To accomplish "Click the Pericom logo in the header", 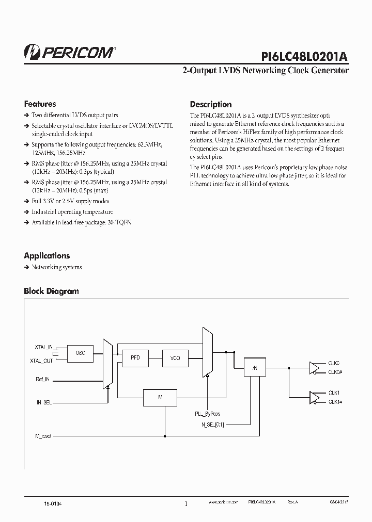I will click(x=70, y=52).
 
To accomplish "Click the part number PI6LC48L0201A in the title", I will click(x=304, y=55).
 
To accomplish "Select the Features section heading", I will click(x=40, y=104).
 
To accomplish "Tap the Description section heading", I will click(x=210, y=104).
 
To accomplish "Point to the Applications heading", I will click(x=47, y=255).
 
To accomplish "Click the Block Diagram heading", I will click(x=51, y=291).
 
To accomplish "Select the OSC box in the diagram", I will click(x=80, y=353).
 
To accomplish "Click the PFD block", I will click(x=135, y=357).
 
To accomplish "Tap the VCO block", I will click(x=175, y=357).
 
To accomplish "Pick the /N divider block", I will click(x=254, y=368).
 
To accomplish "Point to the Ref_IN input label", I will click(x=42, y=380).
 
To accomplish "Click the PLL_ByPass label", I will click(x=207, y=414).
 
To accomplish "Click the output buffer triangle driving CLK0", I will click(x=314, y=367).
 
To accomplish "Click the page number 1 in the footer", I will click(x=186, y=503).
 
